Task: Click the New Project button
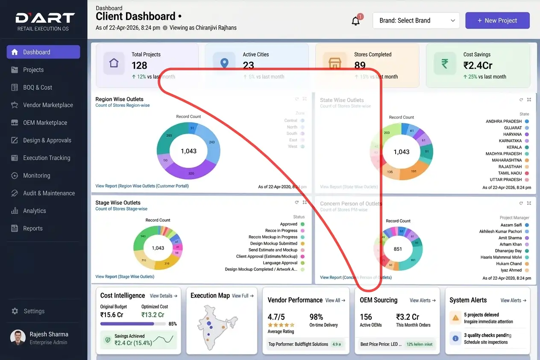tap(497, 20)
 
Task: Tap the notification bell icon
tap(355, 21)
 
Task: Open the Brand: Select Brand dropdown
tap(416, 20)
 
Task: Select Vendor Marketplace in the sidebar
tap(48, 105)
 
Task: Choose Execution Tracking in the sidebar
tap(47, 158)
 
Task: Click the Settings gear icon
tap(15, 311)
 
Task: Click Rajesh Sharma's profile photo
tap(18, 337)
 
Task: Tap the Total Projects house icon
tap(114, 63)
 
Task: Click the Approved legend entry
tap(289, 224)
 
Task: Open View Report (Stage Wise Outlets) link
tap(125, 277)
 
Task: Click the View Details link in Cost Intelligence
tap(163, 296)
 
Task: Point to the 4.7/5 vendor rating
tap(276, 317)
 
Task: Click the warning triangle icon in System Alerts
tap(455, 318)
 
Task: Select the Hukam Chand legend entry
tap(509, 264)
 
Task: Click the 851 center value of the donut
tap(398, 249)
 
